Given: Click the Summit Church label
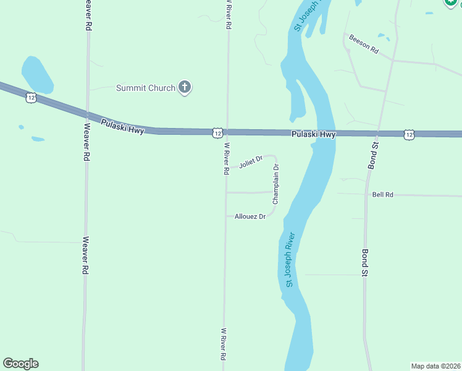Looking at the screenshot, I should tap(146, 88).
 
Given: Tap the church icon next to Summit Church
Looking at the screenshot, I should tap(184, 87).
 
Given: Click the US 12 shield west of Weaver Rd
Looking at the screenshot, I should tap(31, 98).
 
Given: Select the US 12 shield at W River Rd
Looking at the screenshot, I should tap(217, 133).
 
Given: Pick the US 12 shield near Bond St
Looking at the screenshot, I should tap(409, 134).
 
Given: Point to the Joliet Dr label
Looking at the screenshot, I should tap(251, 163).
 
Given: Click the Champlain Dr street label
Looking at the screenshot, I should tap(276, 184).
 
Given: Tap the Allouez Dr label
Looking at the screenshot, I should tap(250, 216).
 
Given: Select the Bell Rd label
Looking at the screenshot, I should tap(383, 195).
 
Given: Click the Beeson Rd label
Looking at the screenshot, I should tap(363, 45).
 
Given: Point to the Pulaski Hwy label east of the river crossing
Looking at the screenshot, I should tap(313, 134).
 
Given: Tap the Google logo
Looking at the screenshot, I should tap(20, 363).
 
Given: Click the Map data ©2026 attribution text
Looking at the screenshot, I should tap(436, 366).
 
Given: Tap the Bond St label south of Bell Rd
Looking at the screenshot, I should tap(365, 263).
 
